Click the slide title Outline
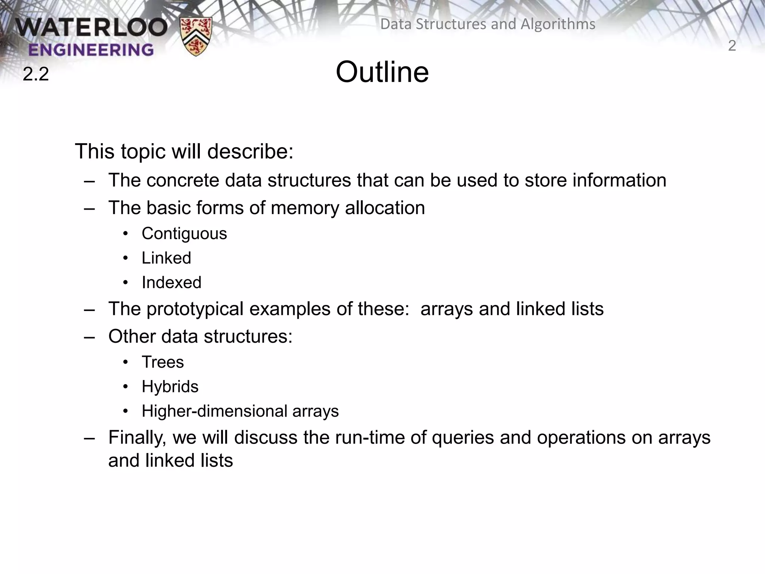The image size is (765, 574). (382, 72)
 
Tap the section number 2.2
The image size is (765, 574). (36, 74)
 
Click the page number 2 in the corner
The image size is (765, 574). (732, 46)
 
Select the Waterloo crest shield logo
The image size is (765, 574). (196, 36)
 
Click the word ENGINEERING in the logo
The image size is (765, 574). (91, 50)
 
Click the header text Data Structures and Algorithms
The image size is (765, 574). (487, 24)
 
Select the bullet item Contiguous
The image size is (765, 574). (184, 234)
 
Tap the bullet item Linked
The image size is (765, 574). (166, 258)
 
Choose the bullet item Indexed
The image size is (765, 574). (171, 283)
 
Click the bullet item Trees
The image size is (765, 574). (163, 362)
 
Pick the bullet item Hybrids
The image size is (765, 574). (170, 386)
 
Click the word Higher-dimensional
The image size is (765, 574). (214, 411)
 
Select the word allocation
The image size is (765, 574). (385, 208)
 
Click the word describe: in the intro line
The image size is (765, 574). (250, 152)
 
